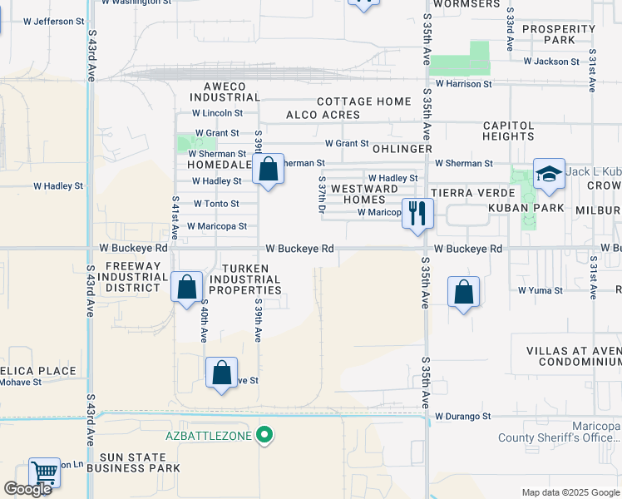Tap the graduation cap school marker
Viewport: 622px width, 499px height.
549,174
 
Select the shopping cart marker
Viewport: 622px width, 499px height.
44,472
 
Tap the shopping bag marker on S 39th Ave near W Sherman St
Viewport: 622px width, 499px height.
268,170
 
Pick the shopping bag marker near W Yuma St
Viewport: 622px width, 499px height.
464,292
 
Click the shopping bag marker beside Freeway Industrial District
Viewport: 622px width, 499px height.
187,287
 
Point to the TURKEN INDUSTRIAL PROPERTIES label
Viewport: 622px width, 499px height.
244,279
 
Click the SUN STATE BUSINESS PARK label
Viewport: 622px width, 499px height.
140,463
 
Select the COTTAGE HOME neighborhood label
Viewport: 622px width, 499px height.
363,101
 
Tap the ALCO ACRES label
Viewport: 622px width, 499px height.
323,115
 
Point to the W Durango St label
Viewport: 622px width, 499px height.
463,416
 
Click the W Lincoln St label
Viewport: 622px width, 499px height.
217,113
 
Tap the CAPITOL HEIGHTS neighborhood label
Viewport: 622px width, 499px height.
508,131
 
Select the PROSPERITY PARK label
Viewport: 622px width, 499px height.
559,34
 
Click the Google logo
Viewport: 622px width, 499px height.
28,489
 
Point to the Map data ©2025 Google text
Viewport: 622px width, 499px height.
570,492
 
